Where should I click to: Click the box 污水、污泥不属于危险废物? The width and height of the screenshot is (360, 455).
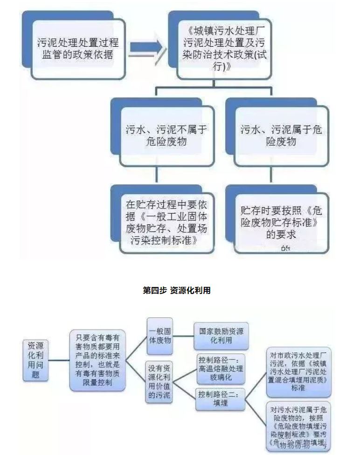tap(166, 135)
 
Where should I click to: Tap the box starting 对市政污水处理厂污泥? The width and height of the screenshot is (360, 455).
tap(298, 368)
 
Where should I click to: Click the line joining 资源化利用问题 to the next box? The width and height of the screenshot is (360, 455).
tap(57, 360)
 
